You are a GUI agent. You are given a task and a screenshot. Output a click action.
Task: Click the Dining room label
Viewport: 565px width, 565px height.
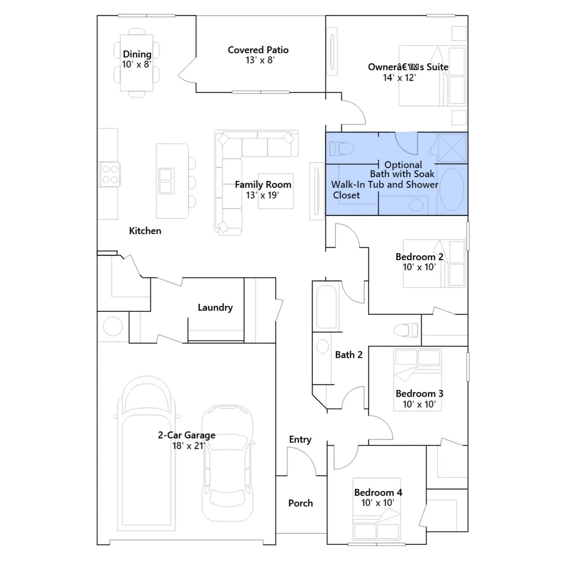[x=137, y=54]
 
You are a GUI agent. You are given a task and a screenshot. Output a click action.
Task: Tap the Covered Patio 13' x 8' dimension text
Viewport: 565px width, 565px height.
[x=260, y=60]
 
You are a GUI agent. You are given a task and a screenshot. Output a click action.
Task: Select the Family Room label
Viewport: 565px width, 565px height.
[x=263, y=184]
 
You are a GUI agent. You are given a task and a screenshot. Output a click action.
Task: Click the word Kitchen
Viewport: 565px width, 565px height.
[x=145, y=231]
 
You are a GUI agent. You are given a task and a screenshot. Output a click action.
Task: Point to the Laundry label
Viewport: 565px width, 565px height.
[x=215, y=308]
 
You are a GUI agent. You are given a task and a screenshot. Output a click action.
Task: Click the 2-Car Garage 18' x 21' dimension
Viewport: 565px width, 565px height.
[x=188, y=446]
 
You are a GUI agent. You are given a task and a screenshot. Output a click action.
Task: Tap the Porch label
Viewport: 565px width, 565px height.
[x=301, y=503]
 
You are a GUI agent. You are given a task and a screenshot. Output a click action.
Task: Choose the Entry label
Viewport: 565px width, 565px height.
[x=300, y=440]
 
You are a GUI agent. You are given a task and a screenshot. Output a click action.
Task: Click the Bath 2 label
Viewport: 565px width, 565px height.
[x=349, y=355]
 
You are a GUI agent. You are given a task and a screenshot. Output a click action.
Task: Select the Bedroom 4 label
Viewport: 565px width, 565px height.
[x=378, y=493]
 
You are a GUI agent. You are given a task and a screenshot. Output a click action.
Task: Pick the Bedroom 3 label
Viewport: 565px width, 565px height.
[x=420, y=394]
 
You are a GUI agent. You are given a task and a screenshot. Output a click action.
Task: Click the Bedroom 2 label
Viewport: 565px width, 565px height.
[x=420, y=257]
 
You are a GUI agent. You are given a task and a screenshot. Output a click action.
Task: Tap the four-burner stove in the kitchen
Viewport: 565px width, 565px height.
[x=110, y=174]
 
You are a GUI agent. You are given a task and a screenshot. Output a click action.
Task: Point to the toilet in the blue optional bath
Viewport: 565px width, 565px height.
[x=341, y=149]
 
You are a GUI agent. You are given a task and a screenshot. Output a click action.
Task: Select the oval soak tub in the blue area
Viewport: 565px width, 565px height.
[x=452, y=189]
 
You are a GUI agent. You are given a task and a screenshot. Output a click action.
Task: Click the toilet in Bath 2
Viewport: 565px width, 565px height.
[x=406, y=331]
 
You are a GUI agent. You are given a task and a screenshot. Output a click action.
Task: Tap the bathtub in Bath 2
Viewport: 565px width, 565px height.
[x=327, y=307]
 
